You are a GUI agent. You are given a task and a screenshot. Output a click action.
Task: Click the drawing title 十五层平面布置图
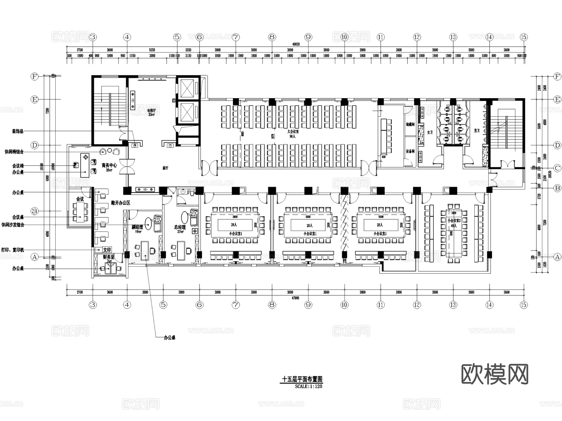coord(302,379)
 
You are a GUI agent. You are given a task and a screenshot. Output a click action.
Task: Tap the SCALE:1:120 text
coord(308,386)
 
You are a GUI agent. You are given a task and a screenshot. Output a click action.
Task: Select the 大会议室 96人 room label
coord(293,134)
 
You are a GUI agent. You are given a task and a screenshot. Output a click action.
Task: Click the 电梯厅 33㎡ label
coord(151,113)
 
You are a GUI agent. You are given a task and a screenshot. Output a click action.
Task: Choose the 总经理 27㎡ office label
coord(180,229)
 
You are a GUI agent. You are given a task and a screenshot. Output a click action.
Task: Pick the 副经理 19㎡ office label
coord(137,229)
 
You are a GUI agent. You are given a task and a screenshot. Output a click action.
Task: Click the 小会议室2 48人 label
coord(454,223)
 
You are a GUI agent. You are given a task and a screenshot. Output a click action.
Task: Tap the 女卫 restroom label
coord(430,133)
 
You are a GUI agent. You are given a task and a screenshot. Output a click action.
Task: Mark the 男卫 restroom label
coord(476,131)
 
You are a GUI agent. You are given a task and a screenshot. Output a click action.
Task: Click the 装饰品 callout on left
coord(17,131)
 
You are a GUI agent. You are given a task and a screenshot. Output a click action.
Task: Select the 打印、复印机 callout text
coord(12,250)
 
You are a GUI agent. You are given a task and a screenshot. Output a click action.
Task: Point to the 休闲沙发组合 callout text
coord(13,225)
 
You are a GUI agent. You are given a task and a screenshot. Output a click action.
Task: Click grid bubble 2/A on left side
coord(35,211)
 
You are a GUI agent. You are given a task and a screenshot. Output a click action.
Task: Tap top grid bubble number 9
coord(308,37)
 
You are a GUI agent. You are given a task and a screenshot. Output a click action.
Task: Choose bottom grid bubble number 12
coord(417,305)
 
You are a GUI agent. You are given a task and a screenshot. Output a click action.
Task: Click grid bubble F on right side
coord(557,77)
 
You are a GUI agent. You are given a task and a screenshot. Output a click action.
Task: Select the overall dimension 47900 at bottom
coord(295,298)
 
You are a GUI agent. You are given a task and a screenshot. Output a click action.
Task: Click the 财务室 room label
coord(108,257)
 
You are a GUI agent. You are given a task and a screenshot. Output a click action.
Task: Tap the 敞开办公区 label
coord(121,203)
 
